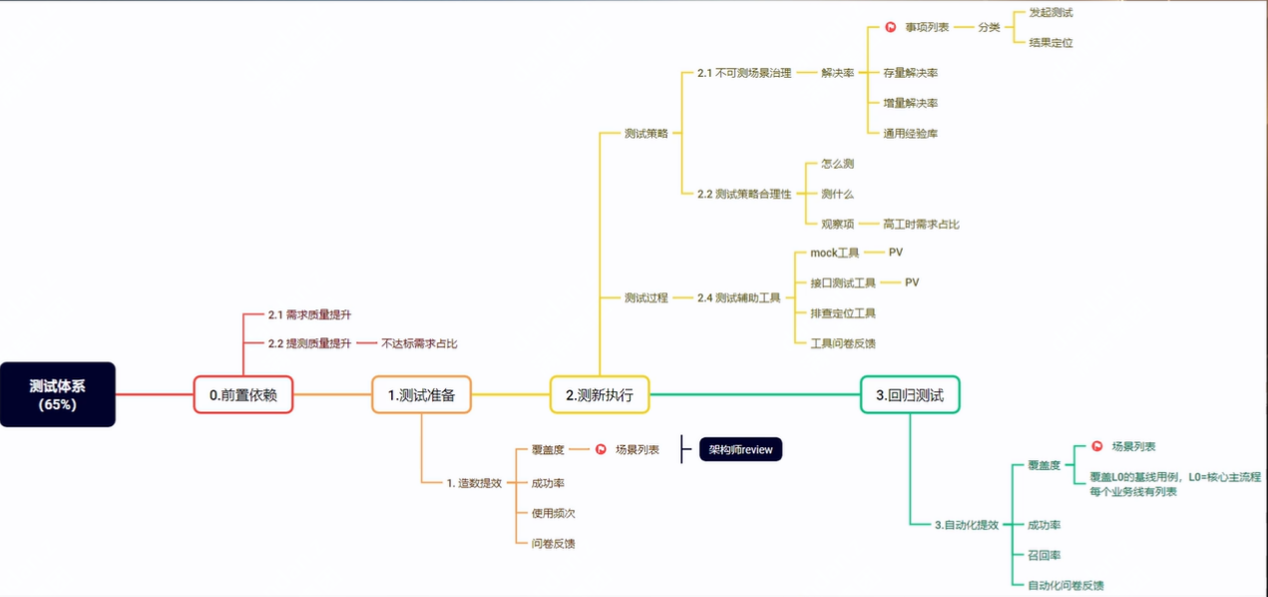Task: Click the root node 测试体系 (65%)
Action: [58, 394]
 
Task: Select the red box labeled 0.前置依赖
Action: [243, 395]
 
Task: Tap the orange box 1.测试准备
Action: [421, 395]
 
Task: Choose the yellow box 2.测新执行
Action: [600, 395]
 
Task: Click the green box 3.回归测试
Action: [910, 395]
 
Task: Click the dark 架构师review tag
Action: [740, 449]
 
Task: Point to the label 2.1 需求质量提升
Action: [309, 314]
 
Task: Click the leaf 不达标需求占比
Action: [419, 343]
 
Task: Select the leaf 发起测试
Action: [1051, 13]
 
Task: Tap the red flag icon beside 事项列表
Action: [891, 27]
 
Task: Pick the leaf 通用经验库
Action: [910, 133]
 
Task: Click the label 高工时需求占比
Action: [921, 224]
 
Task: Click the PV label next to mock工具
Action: [895, 253]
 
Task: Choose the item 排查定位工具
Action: [843, 313]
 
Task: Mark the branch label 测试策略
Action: [646, 133]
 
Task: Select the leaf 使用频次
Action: [553, 513]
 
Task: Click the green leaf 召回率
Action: [1044, 555]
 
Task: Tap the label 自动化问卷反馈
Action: [1065, 585]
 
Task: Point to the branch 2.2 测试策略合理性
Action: [744, 194]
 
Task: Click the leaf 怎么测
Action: [837, 164]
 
